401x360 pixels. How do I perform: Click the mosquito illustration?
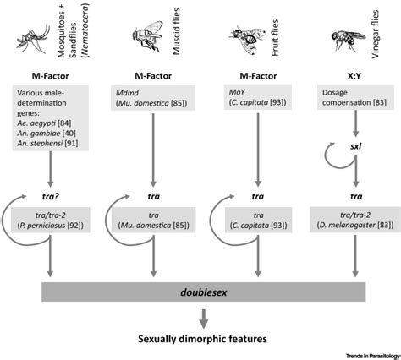click(36, 32)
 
